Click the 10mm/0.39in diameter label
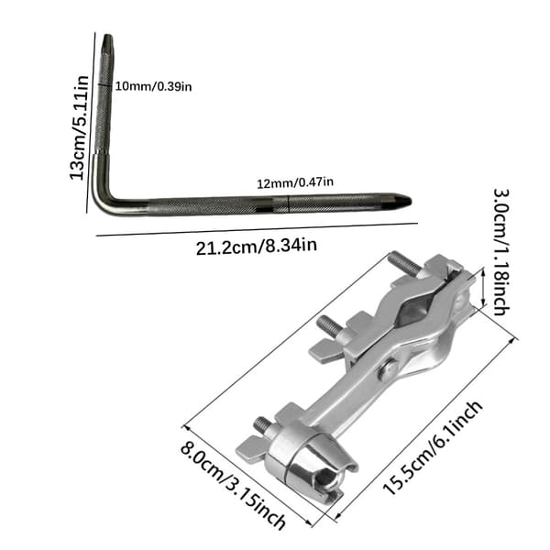pyautogui.click(x=154, y=86)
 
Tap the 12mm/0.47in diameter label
pyautogui.click(x=295, y=182)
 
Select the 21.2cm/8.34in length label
pyautogui.click(x=257, y=247)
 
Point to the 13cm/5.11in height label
pyautogui.click(x=79, y=128)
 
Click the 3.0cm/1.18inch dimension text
pyautogui.click(x=501, y=252)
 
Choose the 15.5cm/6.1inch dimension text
pyautogui.click(x=433, y=448)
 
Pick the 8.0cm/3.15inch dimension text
pyautogui.click(x=233, y=486)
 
